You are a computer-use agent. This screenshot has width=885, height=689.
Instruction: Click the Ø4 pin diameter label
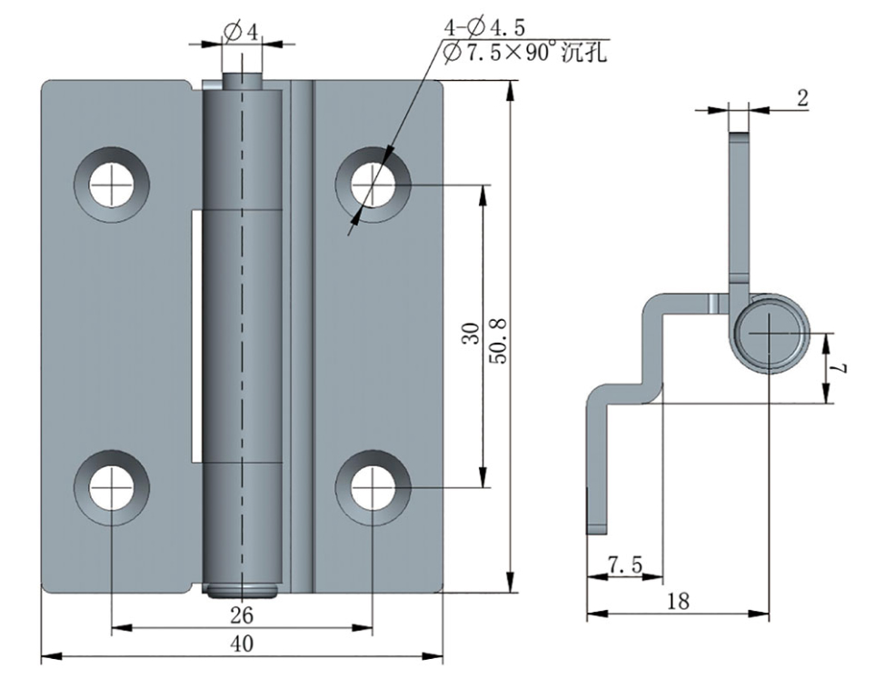(241, 32)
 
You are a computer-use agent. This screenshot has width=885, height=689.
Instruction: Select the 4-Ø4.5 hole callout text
(485, 27)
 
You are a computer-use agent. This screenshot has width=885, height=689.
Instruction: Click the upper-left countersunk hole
(112, 185)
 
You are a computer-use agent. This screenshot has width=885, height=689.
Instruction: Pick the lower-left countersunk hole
(112, 488)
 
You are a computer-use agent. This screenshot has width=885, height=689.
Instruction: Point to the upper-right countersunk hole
(373, 185)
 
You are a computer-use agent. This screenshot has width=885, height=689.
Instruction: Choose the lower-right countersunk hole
(373, 488)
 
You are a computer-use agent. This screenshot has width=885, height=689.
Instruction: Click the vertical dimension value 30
(471, 334)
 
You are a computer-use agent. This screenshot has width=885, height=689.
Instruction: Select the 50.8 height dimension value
(499, 341)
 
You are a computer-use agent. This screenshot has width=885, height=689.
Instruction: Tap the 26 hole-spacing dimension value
(242, 615)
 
